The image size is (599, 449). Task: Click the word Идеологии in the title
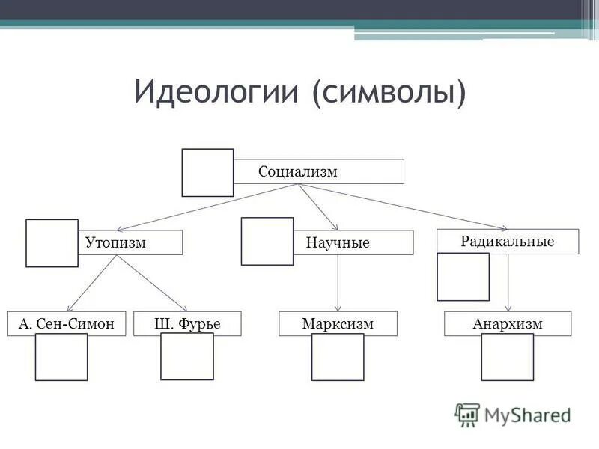click(217, 91)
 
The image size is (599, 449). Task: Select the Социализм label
click(298, 171)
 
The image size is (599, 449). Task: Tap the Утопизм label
click(115, 242)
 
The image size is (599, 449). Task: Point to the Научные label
click(338, 243)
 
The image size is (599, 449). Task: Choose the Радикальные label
click(507, 241)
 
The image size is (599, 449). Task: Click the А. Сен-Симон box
click(67, 323)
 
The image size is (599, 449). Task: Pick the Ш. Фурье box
click(187, 323)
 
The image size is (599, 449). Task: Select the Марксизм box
click(338, 323)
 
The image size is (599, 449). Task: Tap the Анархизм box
click(507, 323)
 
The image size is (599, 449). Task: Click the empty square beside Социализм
click(207, 173)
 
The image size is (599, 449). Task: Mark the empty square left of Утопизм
click(52, 243)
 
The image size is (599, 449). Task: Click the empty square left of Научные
click(267, 241)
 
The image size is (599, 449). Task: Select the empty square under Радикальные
click(463, 277)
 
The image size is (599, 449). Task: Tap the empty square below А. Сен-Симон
click(61, 357)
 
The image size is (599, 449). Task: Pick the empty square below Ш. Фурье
click(187, 357)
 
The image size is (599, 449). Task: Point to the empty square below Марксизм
click(338, 357)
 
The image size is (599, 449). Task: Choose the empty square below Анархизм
click(507, 357)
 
